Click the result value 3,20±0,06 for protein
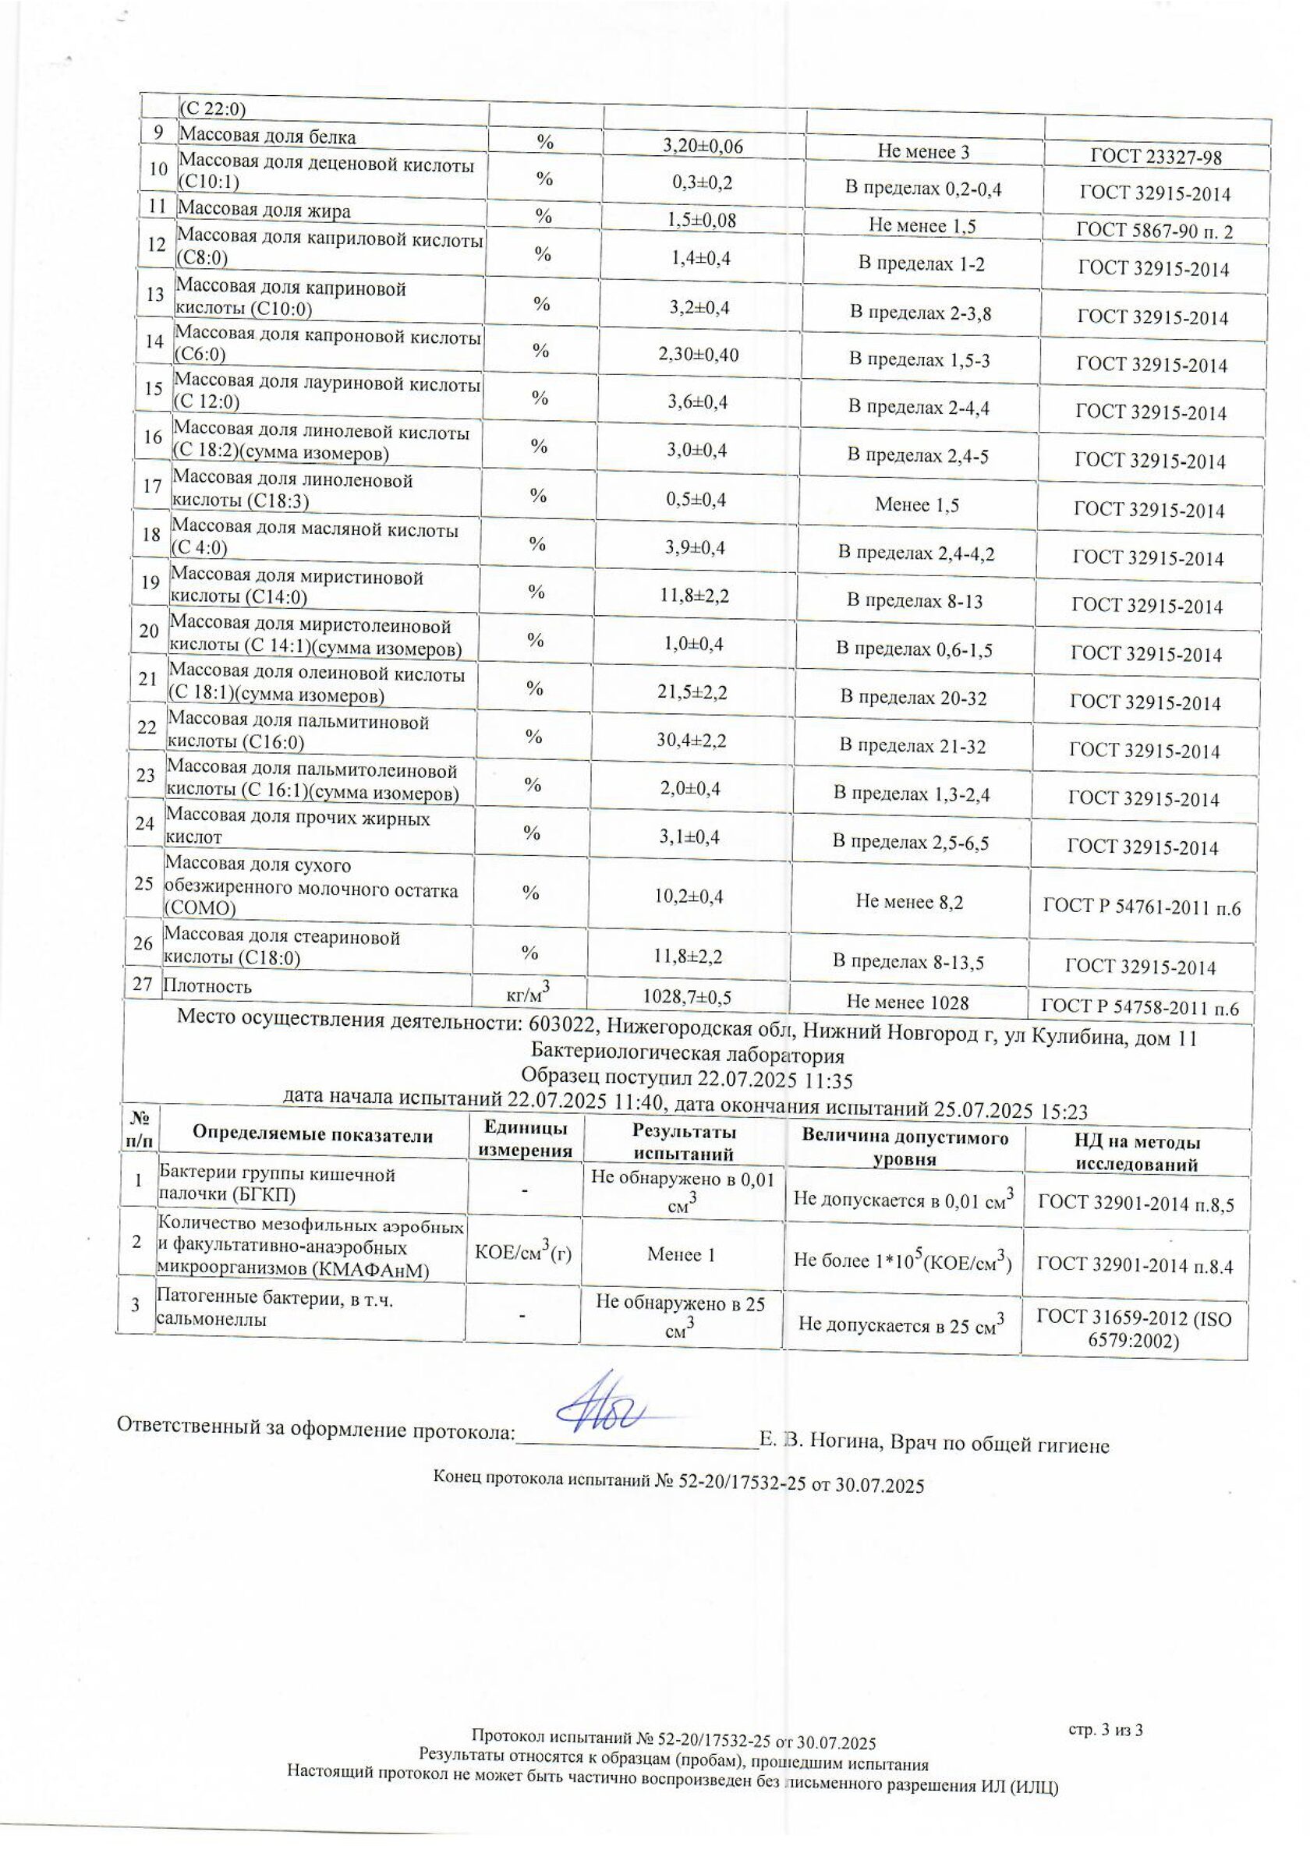pos(703,146)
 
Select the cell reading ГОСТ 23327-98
pos(1155,157)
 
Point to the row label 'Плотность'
pos(207,986)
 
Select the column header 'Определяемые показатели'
pos(313,1135)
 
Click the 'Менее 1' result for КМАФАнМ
pos(681,1254)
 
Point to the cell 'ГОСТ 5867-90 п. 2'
pos(1154,232)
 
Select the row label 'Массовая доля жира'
pos(264,211)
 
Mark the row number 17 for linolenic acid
pos(152,486)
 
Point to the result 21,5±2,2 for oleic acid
pos(692,691)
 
